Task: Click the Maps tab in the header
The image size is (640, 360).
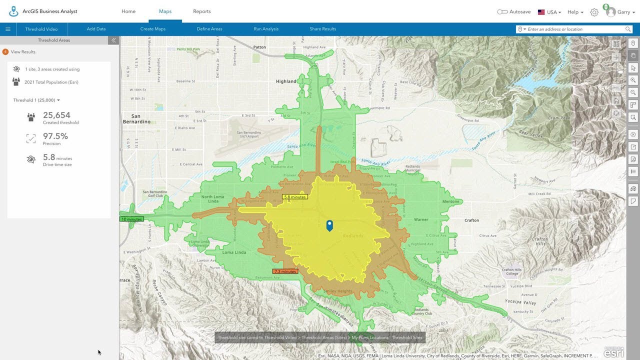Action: [165, 11]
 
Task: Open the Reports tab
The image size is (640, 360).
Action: [202, 11]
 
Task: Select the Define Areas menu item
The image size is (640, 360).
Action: [209, 29]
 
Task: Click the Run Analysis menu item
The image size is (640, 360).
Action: [266, 29]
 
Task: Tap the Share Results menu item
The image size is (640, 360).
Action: [322, 29]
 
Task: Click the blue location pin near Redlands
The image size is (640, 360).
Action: [329, 225]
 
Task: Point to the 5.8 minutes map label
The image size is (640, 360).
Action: [294, 197]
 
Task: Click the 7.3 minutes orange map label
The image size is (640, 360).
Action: [285, 271]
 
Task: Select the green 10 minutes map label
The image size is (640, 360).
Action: [131, 219]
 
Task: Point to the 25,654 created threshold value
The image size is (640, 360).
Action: [56, 115]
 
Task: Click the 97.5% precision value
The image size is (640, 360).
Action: [55, 136]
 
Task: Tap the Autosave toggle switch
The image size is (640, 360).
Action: [502, 12]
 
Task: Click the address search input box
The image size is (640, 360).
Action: [575, 29]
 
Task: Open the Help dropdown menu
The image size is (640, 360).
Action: [575, 12]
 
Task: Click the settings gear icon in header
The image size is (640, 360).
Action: [594, 12]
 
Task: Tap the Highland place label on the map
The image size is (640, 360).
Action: [286, 81]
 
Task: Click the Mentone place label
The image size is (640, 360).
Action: [450, 201]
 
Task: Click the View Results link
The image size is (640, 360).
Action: [23, 51]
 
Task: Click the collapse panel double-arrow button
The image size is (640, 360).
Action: [113, 40]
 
